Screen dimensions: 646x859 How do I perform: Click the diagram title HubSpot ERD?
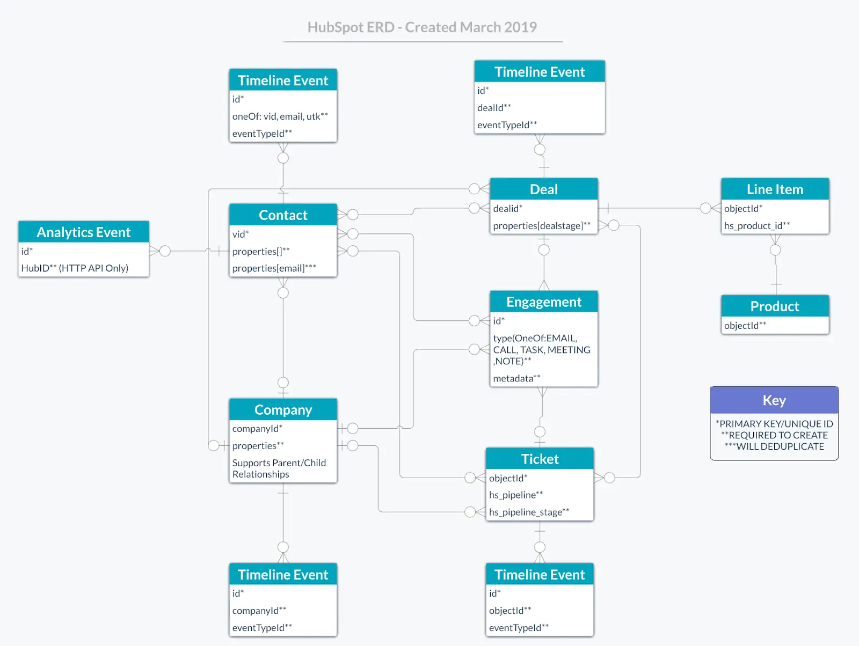[422, 27]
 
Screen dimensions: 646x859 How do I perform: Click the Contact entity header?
[283, 215]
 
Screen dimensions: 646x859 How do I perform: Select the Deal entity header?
[543, 189]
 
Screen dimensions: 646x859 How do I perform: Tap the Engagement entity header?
[543, 302]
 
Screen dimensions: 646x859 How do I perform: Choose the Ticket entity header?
[540, 459]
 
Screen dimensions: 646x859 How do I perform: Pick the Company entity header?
[283, 410]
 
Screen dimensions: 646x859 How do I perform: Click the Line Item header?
[775, 189]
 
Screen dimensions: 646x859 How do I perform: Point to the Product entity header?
[775, 306]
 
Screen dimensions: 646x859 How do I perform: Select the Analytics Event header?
[83, 232]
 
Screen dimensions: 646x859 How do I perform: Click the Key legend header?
[774, 400]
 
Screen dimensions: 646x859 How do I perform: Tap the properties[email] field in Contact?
[274, 268]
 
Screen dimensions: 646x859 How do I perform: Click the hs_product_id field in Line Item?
[756, 226]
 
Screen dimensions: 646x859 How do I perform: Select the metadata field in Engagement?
[516, 378]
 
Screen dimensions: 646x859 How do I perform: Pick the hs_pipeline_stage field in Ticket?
[529, 512]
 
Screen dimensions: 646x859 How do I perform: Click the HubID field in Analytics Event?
[75, 268]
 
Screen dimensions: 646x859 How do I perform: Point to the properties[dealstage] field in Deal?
[541, 226]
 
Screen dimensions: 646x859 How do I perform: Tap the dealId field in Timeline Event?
[494, 108]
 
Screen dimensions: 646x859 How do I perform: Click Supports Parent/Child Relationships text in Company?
[279, 468]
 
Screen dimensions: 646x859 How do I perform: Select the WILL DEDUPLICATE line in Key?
[774, 446]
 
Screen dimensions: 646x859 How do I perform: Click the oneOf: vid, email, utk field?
[280, 116]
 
